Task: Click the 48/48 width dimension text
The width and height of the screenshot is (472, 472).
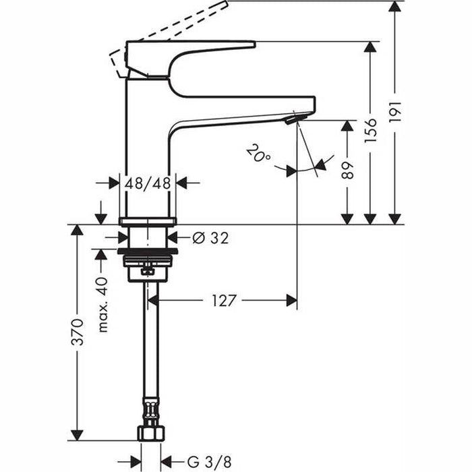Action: (148, 182)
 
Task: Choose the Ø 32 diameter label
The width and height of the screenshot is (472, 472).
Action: (210, 237)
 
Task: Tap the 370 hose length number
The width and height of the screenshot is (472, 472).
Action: (78, 332)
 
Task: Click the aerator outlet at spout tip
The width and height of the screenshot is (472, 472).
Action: (291, 121)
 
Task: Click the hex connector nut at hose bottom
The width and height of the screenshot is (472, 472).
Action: (150, 432)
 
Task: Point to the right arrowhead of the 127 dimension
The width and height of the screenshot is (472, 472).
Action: (291, 301)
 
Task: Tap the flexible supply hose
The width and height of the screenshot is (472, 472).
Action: (149, 351)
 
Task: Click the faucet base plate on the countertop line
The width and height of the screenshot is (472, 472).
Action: (148, 221)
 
